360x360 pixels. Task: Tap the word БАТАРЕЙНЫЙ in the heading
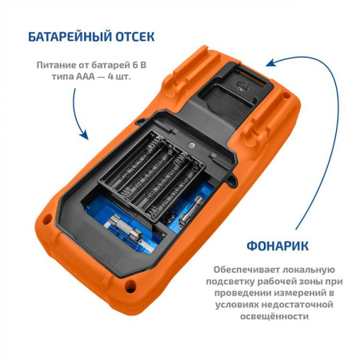[66, 37]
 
